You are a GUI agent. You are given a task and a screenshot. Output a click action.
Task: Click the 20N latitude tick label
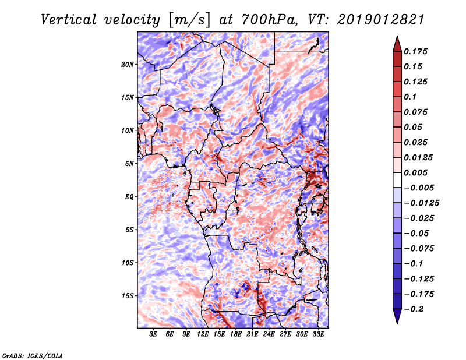click(128, 65)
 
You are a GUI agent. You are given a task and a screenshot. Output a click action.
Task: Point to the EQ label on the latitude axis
click(129, 197)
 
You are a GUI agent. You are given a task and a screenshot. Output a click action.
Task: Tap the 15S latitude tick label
click(128, 296)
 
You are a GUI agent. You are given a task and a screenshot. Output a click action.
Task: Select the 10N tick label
click(128, 130)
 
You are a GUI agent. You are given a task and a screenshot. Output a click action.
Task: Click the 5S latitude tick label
click(129, 230)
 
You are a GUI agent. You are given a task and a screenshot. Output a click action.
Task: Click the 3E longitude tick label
click(153, 334)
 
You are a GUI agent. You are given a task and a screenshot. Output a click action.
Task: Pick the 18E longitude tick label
click(236, 334)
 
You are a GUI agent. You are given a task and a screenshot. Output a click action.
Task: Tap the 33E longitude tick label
click(318, 334)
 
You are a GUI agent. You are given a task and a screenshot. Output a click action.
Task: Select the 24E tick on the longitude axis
click(269, 334)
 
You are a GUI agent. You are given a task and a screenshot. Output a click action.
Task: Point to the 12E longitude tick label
click(203, 334)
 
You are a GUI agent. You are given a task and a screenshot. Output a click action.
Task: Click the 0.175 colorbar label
click(415, 51)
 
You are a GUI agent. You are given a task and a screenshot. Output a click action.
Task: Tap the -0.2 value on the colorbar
click(414, 309)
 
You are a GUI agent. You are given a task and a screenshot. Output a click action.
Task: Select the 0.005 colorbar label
click(415, 172)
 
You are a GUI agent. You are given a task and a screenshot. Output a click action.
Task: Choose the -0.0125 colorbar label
click(421, 203)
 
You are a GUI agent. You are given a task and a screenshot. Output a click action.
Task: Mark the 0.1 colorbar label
click(410, 97)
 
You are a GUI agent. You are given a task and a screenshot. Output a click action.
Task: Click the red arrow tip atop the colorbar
click(397, 37)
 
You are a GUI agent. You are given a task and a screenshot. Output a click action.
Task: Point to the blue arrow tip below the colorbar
click(397, 323)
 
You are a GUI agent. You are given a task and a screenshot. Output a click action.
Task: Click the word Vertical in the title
click(69, 20)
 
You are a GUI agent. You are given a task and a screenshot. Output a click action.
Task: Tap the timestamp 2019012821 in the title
click(381, 20)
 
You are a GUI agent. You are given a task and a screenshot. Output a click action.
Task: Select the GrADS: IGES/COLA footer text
click(33, 355)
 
